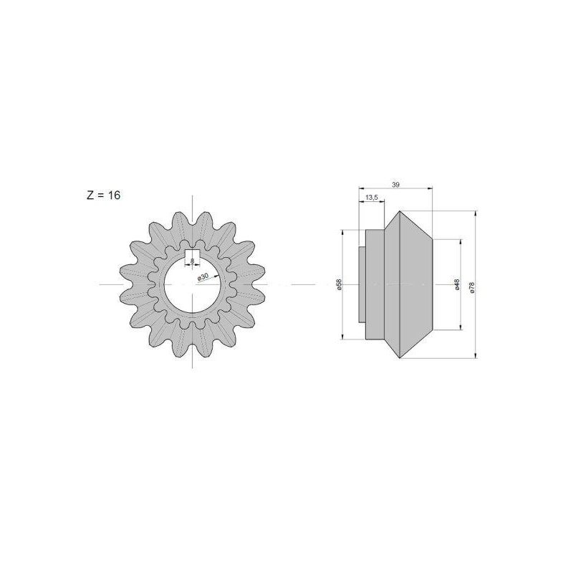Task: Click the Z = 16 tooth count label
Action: (x=103, y=195)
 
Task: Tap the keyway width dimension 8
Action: (x=192, y=261)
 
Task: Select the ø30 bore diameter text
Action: (x=203, y=276)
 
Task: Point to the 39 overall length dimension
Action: (x=395, y=185)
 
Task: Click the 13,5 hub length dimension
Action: (x=371, y=198)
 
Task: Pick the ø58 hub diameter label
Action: (x=338, y=284)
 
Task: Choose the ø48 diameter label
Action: (x=457, y=284)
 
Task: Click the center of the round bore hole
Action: (x=192, y=284)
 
